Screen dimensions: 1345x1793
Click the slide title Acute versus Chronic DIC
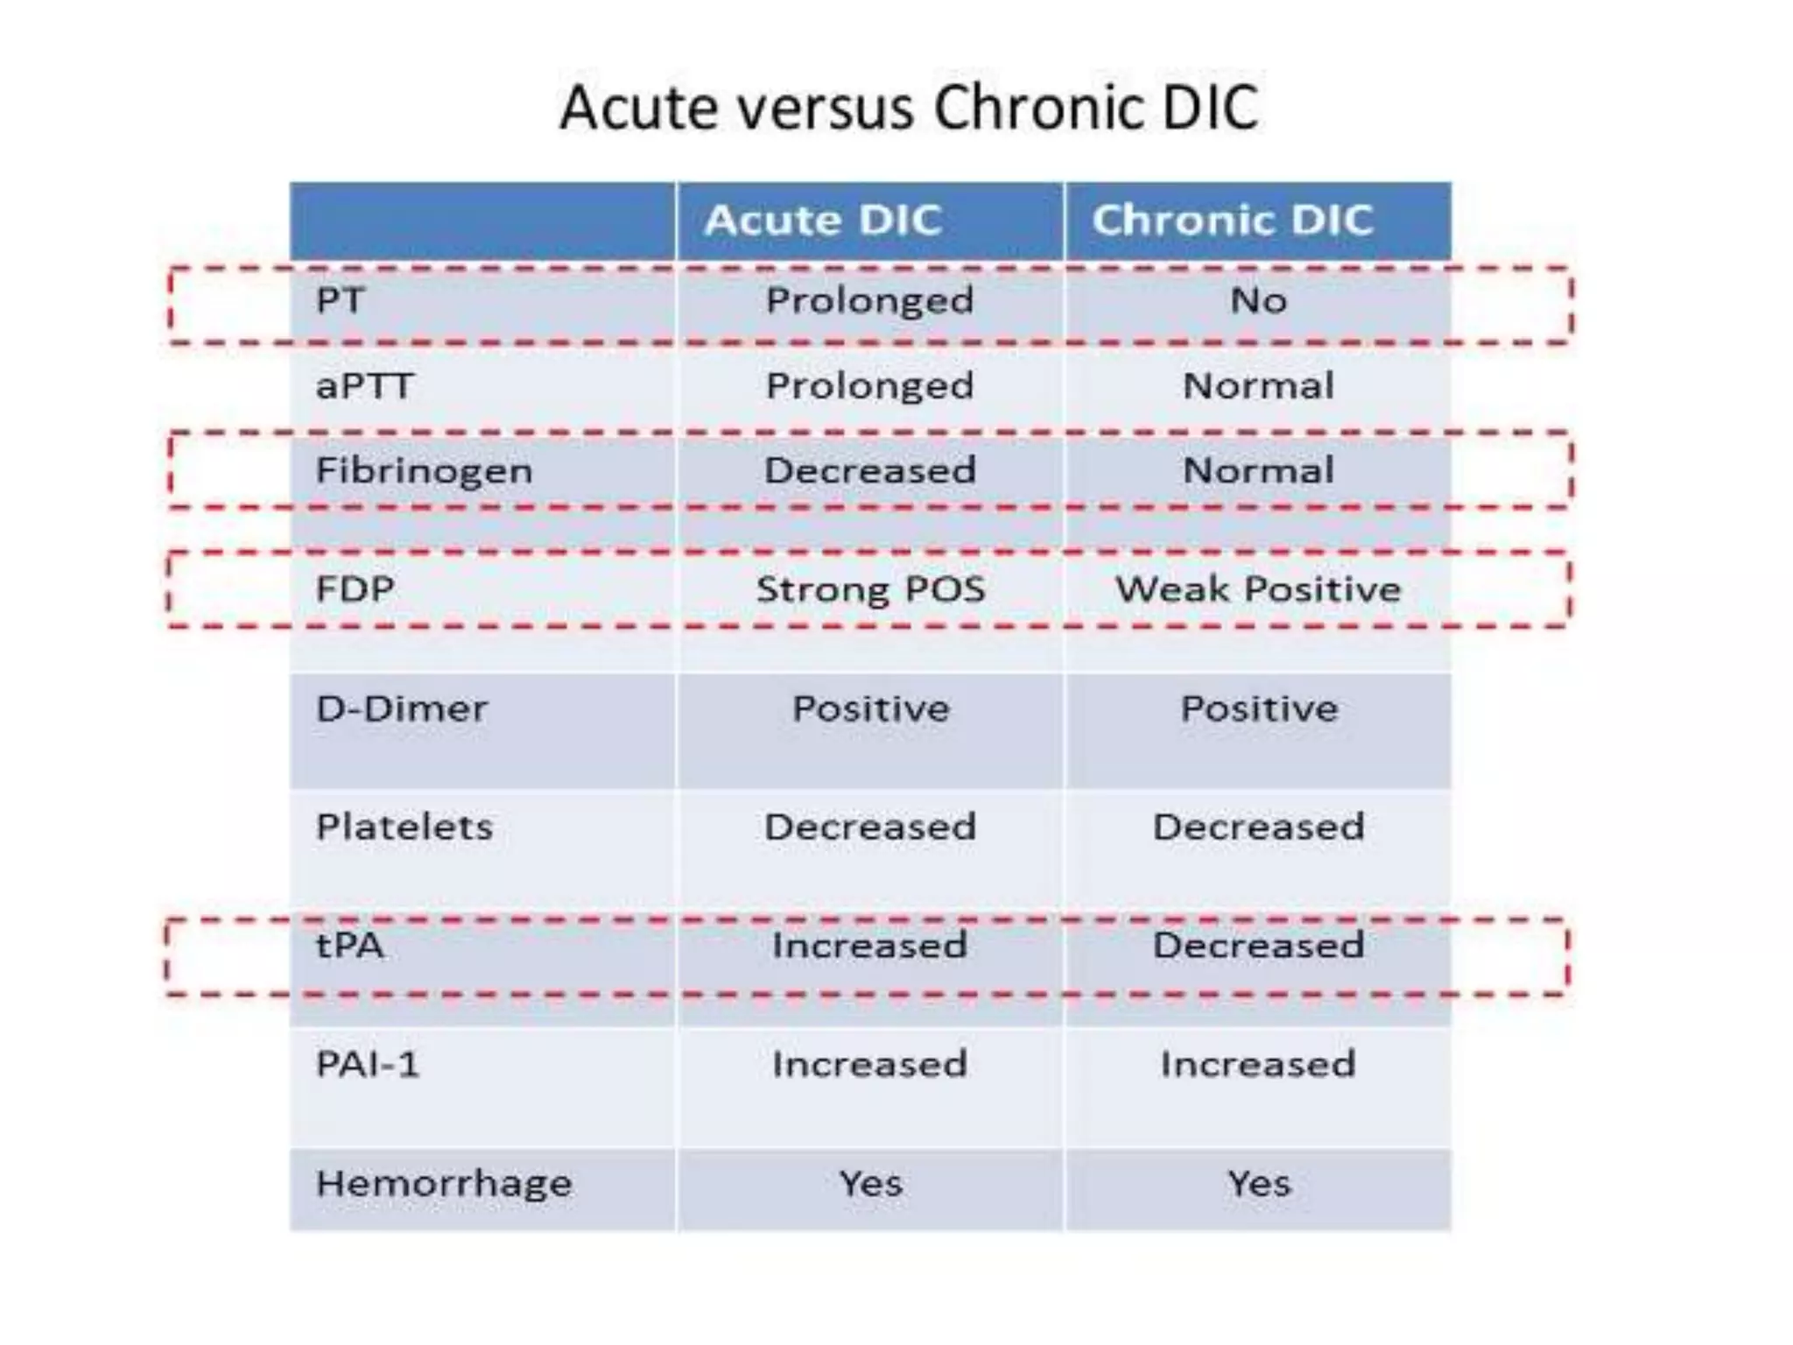(909, 108)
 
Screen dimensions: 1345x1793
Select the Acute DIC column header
(823, 220)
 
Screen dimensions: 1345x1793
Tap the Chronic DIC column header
(1232, 220)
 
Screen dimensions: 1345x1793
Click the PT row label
(340, 300)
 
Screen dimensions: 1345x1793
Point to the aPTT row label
(363, 385)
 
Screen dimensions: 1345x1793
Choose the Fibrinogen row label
(424, 471)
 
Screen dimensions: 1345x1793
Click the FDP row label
(355, 588)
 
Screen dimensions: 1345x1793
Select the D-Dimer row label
(401, 708)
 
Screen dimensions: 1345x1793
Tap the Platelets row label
(404, 827)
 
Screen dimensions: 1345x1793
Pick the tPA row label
(349, 946)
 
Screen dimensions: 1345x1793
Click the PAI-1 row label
(368, 1064)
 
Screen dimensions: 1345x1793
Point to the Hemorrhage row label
(444, 1183)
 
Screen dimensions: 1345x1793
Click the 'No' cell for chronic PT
(1258, 300)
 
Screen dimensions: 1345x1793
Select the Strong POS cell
(870, 588)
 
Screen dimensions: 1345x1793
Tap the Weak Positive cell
(1258, 588)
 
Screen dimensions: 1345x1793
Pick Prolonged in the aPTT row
(869, 385)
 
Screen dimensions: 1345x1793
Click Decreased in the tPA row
(1258, 946)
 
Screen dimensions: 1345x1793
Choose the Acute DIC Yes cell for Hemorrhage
(870, 1183)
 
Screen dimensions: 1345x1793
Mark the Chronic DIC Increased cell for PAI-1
(1258, 1064)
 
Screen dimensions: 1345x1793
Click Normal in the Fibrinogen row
(1258, 471)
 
